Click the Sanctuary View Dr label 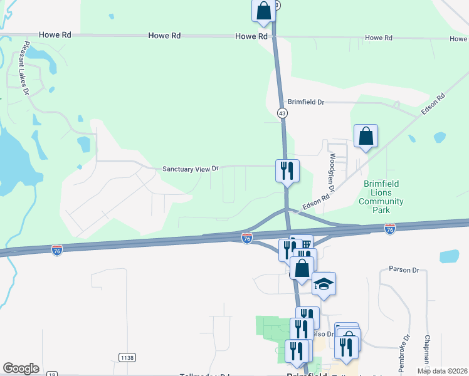[190, 169]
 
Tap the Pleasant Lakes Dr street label [26, 68]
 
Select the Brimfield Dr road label [305, 102]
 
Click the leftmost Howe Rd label [55, 36]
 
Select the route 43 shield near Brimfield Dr [282, 112]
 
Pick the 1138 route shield [127, 357]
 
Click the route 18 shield [51, 374]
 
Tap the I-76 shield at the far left [57, 249]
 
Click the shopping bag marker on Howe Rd [263, 11]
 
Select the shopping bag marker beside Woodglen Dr [366, 136]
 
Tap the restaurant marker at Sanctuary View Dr [287, 170]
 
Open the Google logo [21, 368]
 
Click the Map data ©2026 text [442, 371]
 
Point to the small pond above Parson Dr [449, 256]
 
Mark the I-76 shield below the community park [389, 229]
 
